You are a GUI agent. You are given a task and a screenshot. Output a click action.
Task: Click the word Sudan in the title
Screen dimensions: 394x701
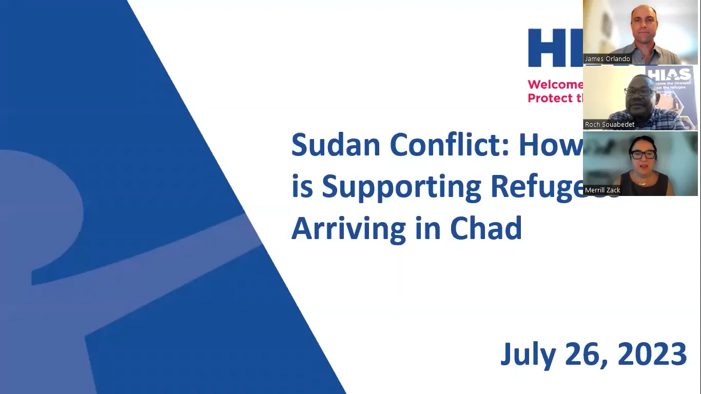point(336,145)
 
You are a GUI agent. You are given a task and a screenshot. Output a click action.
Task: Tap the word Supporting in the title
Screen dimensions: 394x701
point(401,187)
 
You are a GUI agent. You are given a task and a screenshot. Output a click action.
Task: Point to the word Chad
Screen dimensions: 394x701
point(486,228)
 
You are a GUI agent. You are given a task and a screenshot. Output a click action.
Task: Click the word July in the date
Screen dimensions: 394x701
point(528,354)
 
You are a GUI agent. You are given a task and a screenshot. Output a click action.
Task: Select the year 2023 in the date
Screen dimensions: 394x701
point(653,354)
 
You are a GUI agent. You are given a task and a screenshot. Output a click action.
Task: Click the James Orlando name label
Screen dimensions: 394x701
point(607,59)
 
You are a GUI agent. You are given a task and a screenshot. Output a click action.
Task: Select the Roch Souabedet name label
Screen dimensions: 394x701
point(610,125)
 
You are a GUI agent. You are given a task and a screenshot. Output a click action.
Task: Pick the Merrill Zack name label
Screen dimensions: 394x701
point(602,190)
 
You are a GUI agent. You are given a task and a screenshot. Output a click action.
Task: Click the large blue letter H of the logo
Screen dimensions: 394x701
point(545,48)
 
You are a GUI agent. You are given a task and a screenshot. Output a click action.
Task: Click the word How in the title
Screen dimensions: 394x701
point(551,145)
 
